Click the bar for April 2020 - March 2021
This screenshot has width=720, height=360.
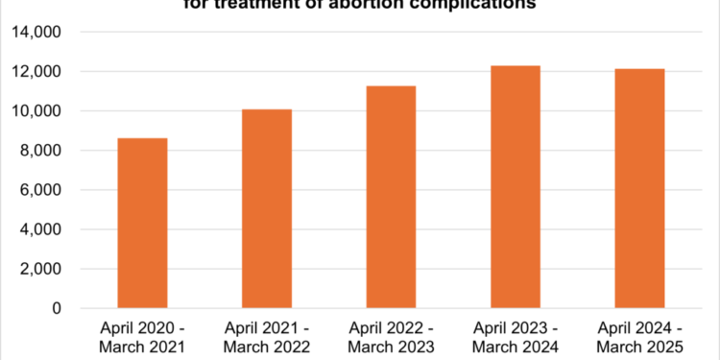142,224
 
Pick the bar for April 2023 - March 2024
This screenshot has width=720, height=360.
516,187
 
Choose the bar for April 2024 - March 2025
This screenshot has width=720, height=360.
639,189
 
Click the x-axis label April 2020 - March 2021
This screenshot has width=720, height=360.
142,336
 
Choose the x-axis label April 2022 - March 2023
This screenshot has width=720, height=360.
391,336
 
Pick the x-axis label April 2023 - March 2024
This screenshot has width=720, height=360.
516,336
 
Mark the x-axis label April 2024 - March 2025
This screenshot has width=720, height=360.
639,336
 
